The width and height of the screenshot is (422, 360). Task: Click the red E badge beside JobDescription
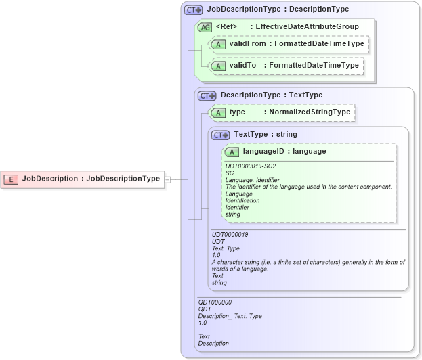tap(12, 179)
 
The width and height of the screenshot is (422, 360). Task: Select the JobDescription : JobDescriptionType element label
tap(91, 179)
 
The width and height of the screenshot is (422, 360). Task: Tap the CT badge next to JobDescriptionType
tap(194, 10)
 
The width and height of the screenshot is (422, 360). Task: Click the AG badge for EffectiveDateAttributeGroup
tap(204, 27)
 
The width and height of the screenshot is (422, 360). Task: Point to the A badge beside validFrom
tap(218, 44)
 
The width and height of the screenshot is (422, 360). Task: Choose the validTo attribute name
tap(242, 66)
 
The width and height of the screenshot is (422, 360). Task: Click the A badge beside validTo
tap(218, 66)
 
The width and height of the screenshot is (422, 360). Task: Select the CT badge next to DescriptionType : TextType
tap(207, 96)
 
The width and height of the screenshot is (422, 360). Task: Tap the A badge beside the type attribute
tap(218, 112)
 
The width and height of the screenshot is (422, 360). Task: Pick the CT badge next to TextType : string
tap(221, 135)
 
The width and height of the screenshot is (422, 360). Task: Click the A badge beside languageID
tap(232, 152)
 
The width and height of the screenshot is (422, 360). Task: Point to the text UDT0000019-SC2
tap(250, 166)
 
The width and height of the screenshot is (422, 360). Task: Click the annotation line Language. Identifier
tap(252, 180)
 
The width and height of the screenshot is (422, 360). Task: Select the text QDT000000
tap(215, 302)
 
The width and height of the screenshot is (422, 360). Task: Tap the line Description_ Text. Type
tap(230, 316)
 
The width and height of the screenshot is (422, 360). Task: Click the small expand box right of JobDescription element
tap(168, 179)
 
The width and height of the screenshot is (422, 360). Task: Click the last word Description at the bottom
tap(213, 343)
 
